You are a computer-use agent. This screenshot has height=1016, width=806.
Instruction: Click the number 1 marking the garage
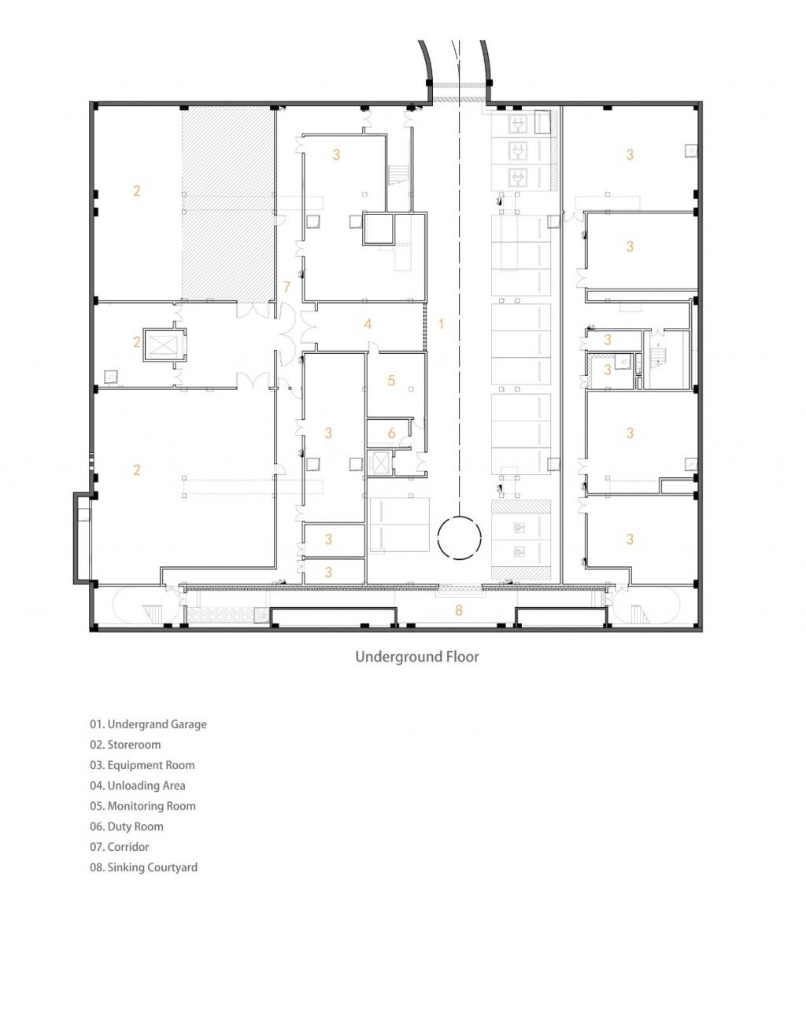(441, 323)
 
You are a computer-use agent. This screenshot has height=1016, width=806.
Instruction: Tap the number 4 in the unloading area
(368, 323)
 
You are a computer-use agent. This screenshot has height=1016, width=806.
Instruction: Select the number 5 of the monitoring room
(391, 381)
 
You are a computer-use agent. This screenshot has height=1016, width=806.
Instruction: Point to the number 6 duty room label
(391, 433)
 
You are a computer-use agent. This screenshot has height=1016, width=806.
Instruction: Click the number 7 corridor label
(287, 287)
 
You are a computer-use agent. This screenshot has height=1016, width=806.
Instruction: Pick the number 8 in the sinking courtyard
(459, 609)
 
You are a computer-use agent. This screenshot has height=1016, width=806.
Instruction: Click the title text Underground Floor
(416, 656)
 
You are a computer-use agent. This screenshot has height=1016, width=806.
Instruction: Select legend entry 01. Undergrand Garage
(148, 724)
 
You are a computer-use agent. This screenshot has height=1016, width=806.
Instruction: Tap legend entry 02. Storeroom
(125, 745)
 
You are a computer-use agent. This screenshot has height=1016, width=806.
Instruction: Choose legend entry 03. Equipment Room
(142, 765)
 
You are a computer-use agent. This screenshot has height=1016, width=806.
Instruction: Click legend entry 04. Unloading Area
(138, 786)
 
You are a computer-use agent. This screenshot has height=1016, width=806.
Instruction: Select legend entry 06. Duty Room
(127, 826)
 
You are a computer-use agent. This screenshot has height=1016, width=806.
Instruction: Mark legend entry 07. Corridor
(120, 847)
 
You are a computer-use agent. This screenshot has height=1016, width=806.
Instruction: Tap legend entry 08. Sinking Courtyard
(143, 867)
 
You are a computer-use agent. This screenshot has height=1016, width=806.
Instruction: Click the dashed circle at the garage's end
(459, 538)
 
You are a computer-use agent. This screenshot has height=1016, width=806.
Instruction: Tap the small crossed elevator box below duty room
(379, 462)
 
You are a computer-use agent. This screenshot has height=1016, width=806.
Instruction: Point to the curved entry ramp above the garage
(459, 63)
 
